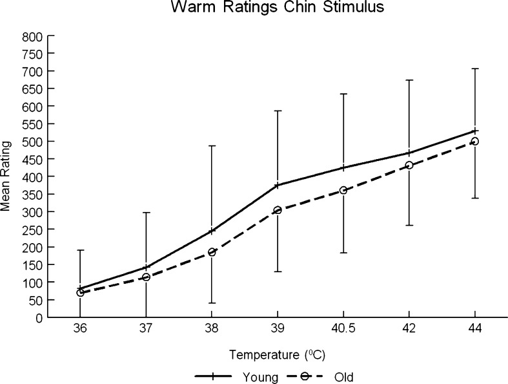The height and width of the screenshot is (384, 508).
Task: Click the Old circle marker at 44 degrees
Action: click(x=475, y=141)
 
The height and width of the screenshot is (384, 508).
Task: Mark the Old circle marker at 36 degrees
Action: click(x=80, y=293)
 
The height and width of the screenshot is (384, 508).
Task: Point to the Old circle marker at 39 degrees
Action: click(x=278, y=210)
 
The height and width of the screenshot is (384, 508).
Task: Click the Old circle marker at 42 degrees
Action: click(x=409, y=165)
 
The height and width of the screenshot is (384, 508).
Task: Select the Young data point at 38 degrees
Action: click(x=212, y=231)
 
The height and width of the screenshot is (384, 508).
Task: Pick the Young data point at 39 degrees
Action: click(x=278, y=186)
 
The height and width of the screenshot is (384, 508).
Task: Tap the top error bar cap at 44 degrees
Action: click(x=475, y=69)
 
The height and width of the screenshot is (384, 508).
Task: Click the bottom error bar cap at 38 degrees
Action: click(x=212, y=303)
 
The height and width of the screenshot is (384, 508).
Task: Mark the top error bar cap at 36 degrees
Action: click(x=80, y=250)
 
